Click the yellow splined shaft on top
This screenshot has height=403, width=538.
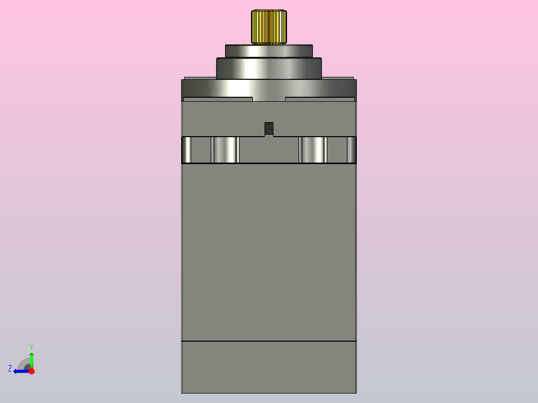[x=269, y=27]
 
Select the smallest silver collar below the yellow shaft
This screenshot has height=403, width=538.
[x=269, y=51]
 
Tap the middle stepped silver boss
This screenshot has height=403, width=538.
[x=269, y=68]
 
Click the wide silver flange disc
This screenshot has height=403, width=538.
[x=269, y=90]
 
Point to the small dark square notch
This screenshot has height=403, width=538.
[x=269, y=129]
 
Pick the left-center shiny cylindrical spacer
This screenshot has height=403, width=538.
[x=225, y=150]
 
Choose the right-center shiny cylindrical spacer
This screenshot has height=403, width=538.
[x=313, y=150]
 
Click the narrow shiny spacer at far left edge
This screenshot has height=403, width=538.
[x=186, y=150]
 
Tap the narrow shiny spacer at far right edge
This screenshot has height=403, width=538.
[x=352, y=150]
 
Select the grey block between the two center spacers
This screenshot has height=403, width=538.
[x=269, y=150]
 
